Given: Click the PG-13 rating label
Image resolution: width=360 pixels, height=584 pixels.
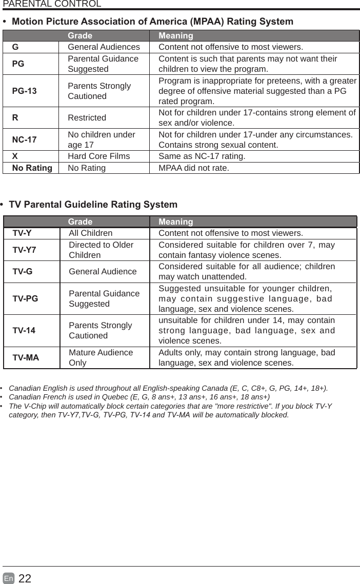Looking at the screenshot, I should (25, 91).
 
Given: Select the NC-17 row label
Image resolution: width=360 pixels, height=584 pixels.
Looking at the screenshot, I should (25, 139).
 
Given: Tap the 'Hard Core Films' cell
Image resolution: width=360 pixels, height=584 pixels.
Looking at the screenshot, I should (98, 156).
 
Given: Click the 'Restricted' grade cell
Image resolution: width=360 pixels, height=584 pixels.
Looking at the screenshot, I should (87, 117).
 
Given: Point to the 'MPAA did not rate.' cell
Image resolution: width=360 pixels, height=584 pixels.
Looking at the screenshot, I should (194, 168).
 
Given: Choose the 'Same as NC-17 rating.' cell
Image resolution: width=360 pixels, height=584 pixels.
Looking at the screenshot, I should (202, 156).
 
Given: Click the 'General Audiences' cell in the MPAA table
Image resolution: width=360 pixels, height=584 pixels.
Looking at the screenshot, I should (104, 47).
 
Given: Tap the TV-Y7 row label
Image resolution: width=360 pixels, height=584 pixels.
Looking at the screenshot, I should (24, 250).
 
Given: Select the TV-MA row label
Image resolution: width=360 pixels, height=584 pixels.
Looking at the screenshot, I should (26, 357).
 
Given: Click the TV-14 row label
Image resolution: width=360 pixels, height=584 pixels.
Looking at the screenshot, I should (24, 330).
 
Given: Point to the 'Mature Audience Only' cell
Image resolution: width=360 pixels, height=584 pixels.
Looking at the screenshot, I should (101, 357).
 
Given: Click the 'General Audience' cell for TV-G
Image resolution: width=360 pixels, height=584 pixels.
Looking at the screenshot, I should (103, 272).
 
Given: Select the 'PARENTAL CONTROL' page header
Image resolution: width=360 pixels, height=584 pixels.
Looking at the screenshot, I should (52, 4).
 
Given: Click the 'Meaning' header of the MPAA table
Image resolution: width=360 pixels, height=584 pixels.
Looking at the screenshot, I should (176, 36).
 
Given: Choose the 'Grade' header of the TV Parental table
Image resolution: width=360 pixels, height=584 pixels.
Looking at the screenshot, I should (80, 221).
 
